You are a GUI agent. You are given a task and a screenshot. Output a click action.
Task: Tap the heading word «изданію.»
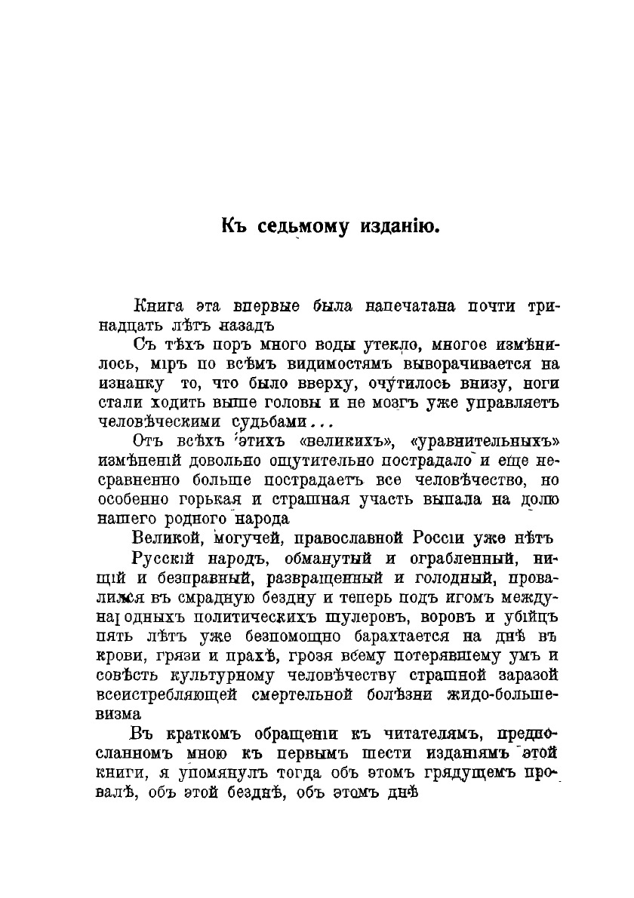pos(400,225)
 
